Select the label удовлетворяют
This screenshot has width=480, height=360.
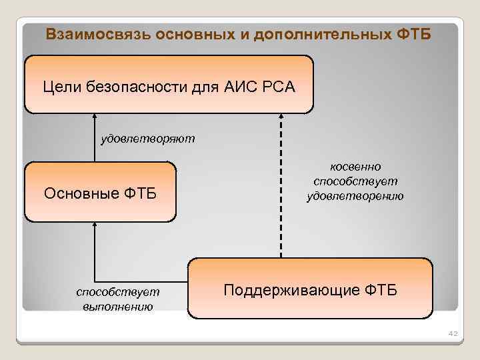[147, 138]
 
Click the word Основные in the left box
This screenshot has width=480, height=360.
[81, 194]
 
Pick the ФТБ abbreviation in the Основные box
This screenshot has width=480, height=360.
[140, 194]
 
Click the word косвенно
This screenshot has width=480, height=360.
[355, 167]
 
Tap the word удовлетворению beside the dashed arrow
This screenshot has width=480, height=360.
[355, 196]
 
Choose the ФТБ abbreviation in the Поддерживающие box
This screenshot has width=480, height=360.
[381, 291]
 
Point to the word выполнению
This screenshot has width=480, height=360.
[118, 306]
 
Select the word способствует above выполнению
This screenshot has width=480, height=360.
[118, 292]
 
